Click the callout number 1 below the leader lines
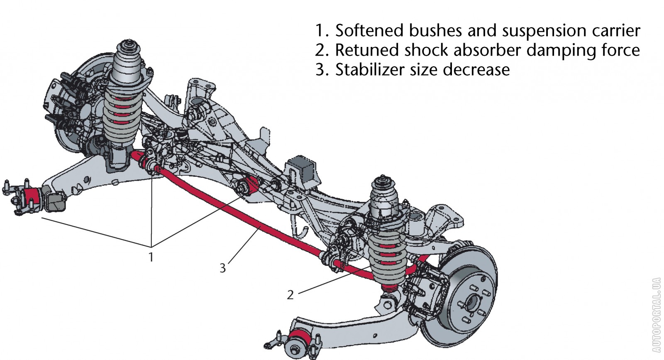[151, 257]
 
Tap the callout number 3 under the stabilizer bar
[223, 268]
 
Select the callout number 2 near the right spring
[290, 295]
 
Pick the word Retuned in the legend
[365, 50]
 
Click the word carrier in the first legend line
[615, 31]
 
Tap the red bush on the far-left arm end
[31, 197]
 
